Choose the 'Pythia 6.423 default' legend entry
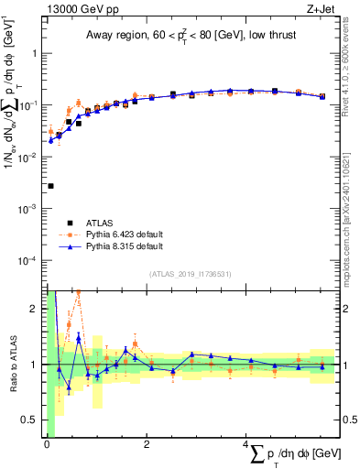(x=127, y=234)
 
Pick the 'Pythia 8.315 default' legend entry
(x=127, y=246)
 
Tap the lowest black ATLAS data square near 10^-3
(x=50, y=186)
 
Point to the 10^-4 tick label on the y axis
(x=31, y=261)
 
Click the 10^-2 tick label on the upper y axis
(x=31, y=158)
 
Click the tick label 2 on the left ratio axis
(x=35, y=309)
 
